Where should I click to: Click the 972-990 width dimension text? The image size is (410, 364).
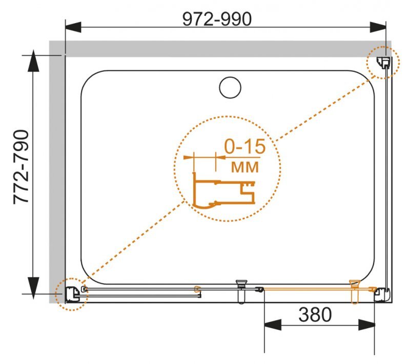click(217, 19)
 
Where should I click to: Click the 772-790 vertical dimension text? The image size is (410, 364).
click(21, 167)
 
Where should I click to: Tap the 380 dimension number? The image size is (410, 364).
click(315, 315)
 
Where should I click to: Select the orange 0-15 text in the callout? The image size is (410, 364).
click(245, 146)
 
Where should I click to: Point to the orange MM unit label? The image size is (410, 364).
click(245, 167)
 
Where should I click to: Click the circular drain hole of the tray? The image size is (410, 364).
click(230, 87)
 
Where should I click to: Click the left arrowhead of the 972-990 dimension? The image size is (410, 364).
click(73, 27)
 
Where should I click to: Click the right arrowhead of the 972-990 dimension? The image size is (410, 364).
click(378, 27)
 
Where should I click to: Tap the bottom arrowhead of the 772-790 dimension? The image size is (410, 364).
click(33, 288)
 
